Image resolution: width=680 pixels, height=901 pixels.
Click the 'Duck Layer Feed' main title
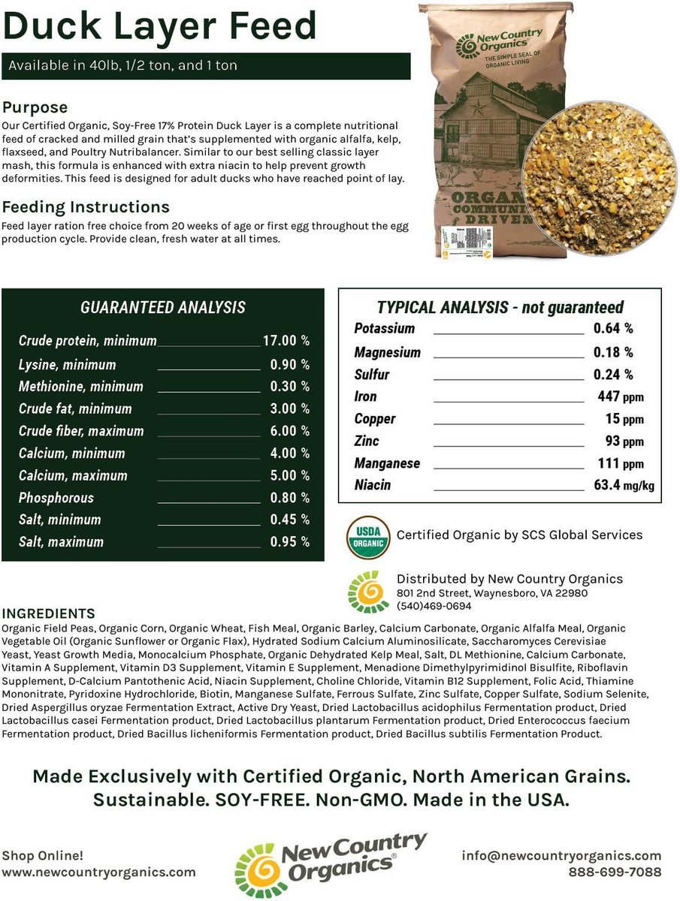(x=159, y=26)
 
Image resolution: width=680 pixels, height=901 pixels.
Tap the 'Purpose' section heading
(x=35, y=107)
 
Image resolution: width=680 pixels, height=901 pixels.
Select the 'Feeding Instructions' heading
(x=86, y=206)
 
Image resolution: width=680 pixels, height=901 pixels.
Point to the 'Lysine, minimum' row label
(x=67, y=365)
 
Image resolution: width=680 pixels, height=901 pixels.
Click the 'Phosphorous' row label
(x=56, y=498)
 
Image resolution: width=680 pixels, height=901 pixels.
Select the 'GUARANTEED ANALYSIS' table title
(x=162, y=307)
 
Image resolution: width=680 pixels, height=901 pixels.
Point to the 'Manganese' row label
(x=387, y=463)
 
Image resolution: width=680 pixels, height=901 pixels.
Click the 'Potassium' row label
(x=384, y=329)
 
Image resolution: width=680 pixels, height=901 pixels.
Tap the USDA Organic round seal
(x=367, y=536)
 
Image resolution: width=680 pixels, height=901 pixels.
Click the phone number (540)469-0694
(x=434, y=606)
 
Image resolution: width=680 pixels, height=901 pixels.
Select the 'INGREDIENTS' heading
(x=49, y=614)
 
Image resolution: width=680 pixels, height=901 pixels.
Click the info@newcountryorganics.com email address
(x=562, y=855)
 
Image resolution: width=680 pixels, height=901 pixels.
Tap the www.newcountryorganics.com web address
(x=98, y=872)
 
